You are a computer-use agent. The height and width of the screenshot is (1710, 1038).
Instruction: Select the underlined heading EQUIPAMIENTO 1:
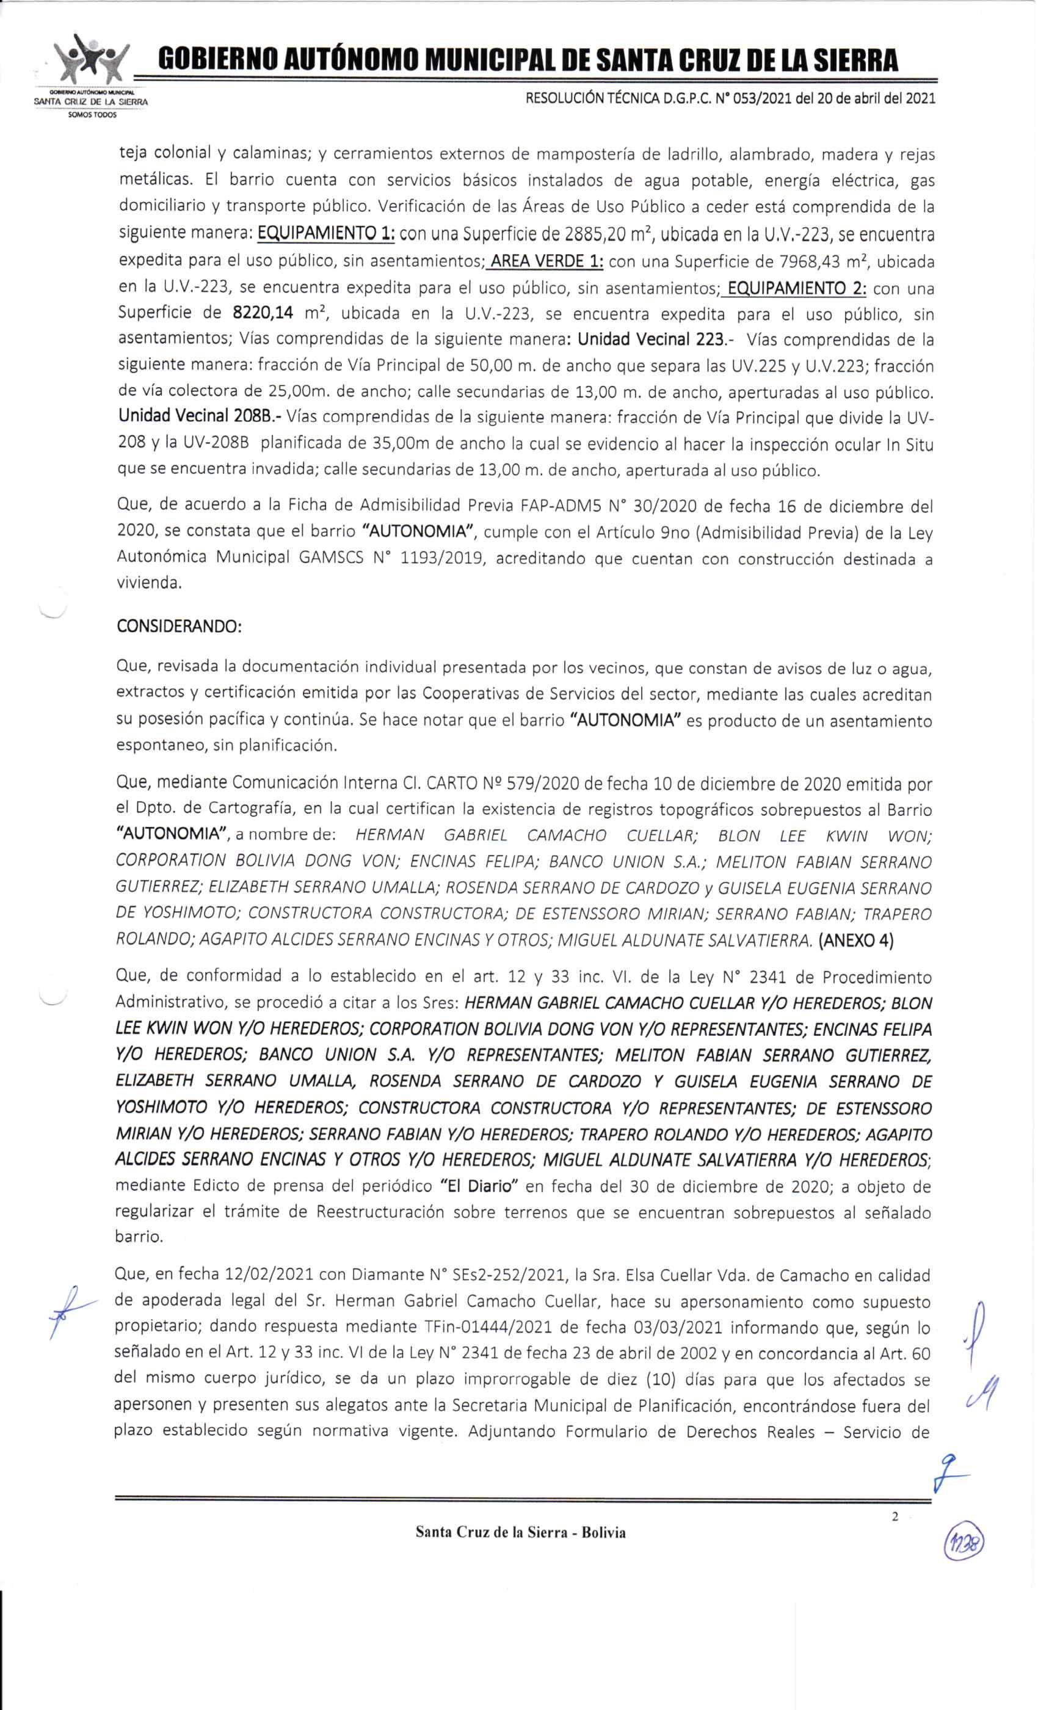click(326, 235)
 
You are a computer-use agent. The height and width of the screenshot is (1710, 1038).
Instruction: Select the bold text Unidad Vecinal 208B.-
click(200, 418)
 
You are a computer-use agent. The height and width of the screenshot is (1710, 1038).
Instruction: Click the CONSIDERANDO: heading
click(179, 626)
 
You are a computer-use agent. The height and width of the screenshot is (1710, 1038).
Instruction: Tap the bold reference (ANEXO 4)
click(856, 941)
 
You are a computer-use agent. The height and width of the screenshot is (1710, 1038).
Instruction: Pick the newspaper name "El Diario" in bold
click(480, 1186)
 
